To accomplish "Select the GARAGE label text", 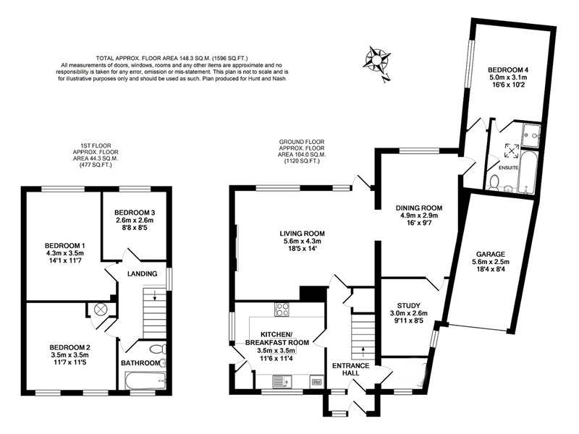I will pyautogui.click(x=490, y=255).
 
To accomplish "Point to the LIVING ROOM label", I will pyautogui.click(x=303, y=234).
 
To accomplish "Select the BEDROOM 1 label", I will pyautogui.click(x=64, y=244).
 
